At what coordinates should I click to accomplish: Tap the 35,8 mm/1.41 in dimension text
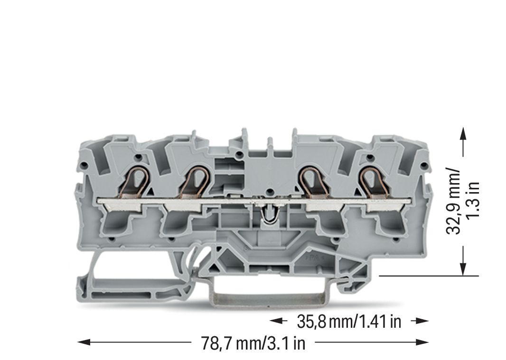point(349,322)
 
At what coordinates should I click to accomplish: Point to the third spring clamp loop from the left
point(310,180)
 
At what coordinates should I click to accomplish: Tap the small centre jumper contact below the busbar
point(269,214)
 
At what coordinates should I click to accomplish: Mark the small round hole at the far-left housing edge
point(84,166)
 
